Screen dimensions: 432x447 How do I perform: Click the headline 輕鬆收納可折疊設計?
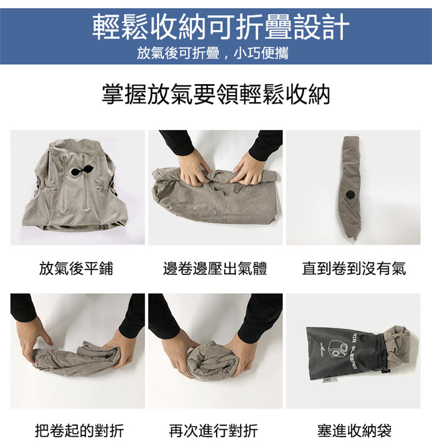pos(221,26)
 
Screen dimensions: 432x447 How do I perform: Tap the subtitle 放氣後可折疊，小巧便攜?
pos(213,53)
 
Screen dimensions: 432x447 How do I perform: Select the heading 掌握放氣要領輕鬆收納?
pos(216,94)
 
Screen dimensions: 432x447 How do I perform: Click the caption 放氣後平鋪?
pos(76,268)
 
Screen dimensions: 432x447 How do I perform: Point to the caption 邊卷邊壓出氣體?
pos(215,268)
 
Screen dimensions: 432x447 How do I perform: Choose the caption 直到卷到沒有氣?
pos(354,268)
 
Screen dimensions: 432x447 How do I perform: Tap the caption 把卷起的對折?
pos(79,430)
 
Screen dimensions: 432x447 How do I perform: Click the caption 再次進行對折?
pos(213,430)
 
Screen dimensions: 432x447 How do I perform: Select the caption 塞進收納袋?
pos(354,430)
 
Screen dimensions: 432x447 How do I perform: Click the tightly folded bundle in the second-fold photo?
pos(213,361)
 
